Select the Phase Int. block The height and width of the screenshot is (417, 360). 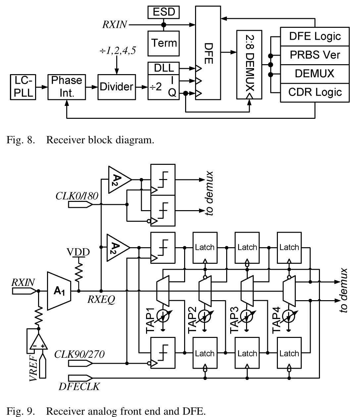pos(66,87)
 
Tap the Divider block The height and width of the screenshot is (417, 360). pos(117,87)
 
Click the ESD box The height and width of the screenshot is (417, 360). pos(164,12)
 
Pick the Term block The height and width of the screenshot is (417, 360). pos(164,43)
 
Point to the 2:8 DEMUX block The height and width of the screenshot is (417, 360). pos(249,65)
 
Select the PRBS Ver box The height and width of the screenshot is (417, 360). pos(315,55)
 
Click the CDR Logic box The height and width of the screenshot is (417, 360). pos(315,92)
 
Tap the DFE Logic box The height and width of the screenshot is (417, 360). pos(315,36)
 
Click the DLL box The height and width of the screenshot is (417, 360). pos(164,68)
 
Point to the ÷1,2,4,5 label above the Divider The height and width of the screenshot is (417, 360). pos(118,51)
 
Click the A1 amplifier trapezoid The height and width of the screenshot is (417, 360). pos(59,291)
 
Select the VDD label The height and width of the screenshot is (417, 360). pos(78,252)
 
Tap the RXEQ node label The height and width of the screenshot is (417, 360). pos(101,300)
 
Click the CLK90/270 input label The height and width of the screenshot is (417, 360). pos(79,354)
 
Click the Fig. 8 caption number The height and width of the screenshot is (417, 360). pos(21,140)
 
